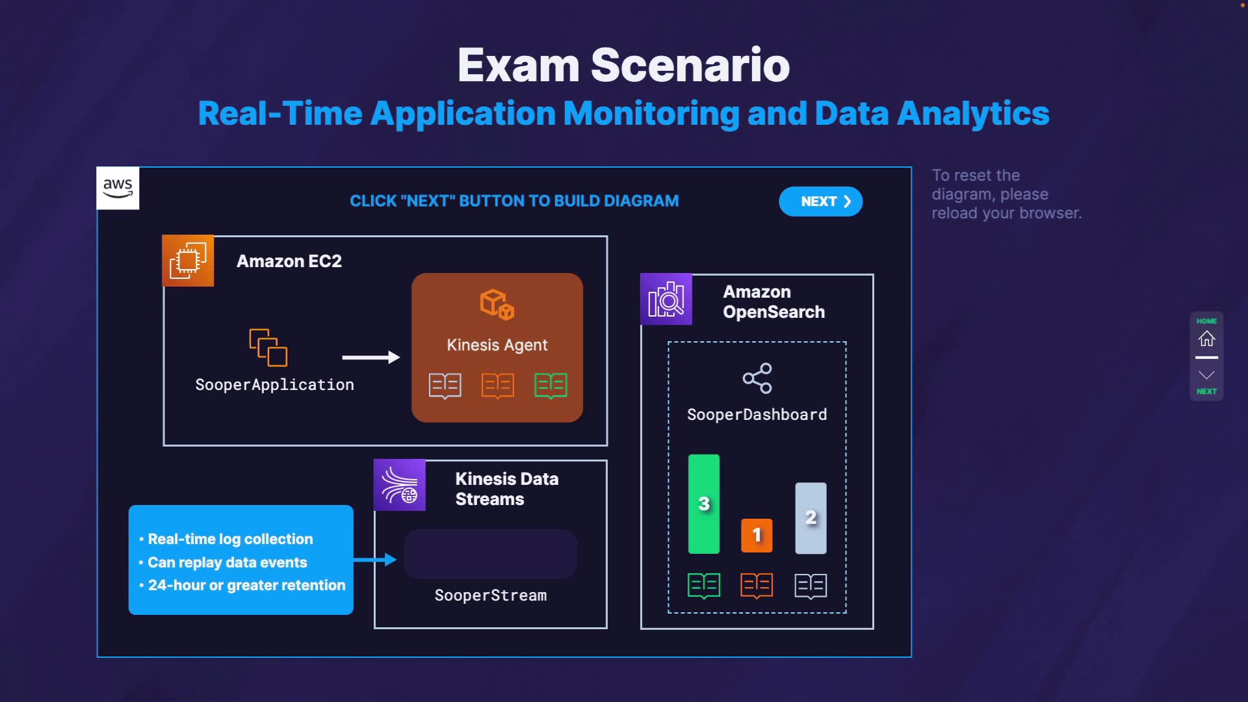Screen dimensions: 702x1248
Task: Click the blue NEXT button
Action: (820, 201)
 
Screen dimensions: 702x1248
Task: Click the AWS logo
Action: (118, 188)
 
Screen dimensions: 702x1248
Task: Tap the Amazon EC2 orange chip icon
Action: (188, 261)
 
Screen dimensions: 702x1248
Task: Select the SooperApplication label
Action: (274, 385)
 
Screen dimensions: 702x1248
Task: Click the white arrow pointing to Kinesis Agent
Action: (370, 357)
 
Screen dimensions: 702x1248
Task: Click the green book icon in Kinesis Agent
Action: (551, 385)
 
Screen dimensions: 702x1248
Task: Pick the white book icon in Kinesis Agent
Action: (445, 385)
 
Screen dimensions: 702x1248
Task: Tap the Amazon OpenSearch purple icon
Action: (666, 300)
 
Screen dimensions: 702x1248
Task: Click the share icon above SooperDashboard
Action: (757, 378)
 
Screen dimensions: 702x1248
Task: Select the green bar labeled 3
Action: (704, 504)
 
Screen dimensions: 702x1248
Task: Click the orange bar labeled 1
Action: (757, 535)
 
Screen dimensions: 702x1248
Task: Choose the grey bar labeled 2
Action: (811, 518)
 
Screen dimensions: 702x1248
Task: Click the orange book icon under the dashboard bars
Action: (757, 586)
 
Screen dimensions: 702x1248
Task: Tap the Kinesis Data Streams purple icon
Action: (400, 486)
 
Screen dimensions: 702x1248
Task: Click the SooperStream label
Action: (491, 595)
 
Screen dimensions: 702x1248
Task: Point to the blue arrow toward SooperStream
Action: (375, 560)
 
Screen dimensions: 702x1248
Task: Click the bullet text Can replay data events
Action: (227, 562)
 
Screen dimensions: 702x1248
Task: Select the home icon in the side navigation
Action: (1206, 339)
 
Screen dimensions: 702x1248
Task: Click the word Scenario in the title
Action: (690, 66)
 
